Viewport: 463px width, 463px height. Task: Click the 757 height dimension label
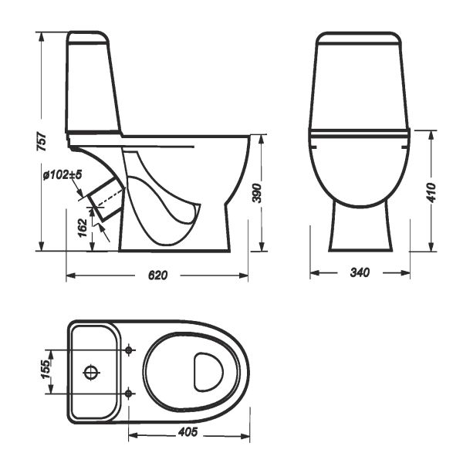(x=42, y=142)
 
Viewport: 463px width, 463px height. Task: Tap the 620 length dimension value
(x=157, y=275)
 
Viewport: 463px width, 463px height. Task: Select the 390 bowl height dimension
(x=257, y=193)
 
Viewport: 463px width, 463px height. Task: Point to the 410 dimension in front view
(x=431, y=192)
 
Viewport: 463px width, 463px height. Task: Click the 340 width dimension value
(x=360, y=272)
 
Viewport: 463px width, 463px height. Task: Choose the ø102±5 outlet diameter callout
(x=63, y=175)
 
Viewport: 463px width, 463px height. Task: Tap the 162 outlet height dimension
(x=83, y=228)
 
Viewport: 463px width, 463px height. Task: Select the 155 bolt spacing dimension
(x=46, y=370)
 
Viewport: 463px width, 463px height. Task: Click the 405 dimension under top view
(x=188, y=432)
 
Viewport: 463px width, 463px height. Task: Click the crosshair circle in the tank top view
(x=91, y=373)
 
